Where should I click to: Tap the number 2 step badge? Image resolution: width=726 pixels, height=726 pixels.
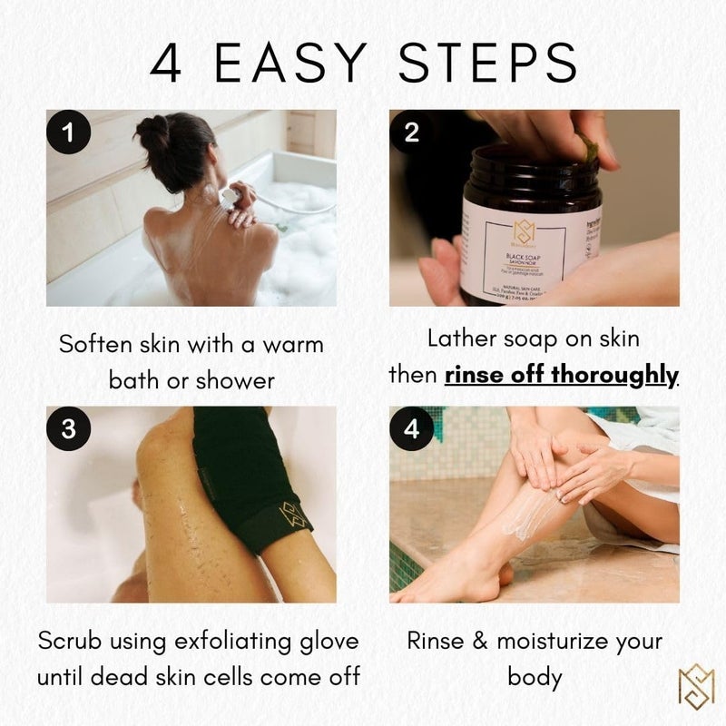click(x=412, y=132)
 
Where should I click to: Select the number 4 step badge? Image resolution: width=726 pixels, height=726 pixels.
click(x=412, y=429)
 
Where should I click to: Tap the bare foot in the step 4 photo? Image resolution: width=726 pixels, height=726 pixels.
click(x=436, y=585)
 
